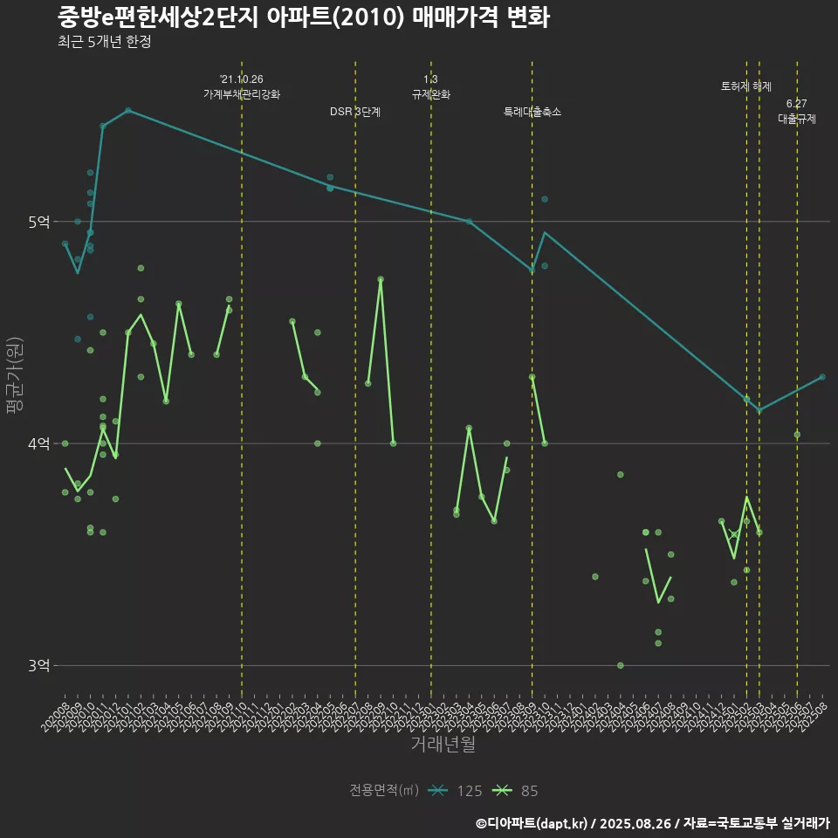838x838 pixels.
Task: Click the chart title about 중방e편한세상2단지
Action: click(304, 17)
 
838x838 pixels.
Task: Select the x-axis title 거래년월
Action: click(443, 745)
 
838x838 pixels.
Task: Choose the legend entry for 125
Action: click(458, 791)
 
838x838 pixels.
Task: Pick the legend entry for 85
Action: click(517, 791)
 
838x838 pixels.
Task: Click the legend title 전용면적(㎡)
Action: click(384, 791)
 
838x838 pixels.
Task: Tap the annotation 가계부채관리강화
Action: click(242, 94)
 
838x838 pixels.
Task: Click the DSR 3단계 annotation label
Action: click(355, 113)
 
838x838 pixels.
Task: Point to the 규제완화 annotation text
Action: click(431, 94)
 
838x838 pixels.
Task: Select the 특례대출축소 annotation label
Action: click(532, 113)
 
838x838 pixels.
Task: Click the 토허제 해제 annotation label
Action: click(746, 86)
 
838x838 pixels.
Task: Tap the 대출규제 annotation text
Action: click(797, 119)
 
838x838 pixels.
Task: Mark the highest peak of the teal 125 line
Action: click(127, 110)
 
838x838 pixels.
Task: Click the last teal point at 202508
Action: click(822, 377)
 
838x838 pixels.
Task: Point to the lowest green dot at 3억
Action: click(621, 665)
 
